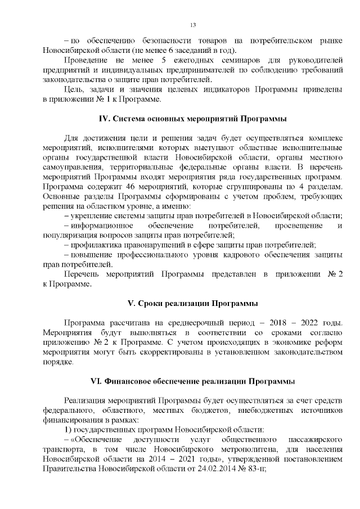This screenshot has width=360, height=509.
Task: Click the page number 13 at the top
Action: pyautogui.click(x=192, y=25)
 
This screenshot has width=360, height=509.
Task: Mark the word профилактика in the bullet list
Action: pyautogui.click(x=96, y=245)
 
